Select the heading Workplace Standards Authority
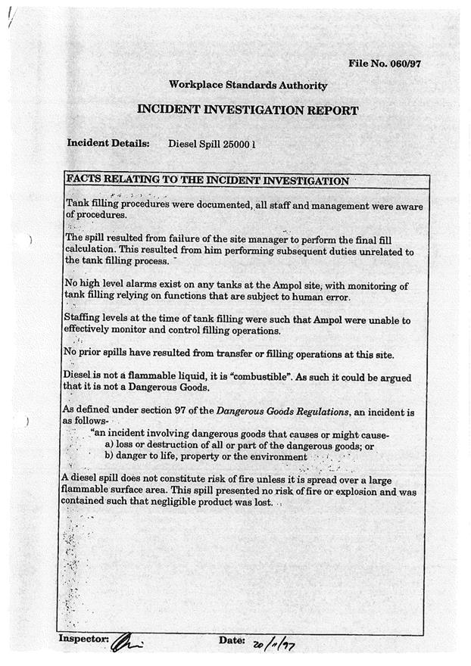point(248,86)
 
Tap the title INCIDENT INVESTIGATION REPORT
point(248,110)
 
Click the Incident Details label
point(108,143)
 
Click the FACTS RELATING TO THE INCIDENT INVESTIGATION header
point(208,181)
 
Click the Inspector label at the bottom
point(84,640)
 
